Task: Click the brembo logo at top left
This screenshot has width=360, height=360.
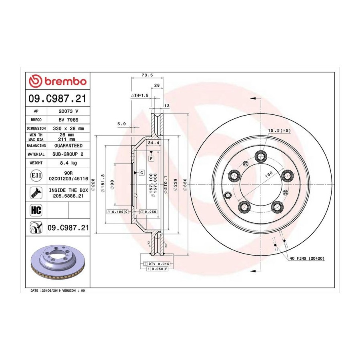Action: coord(58,81)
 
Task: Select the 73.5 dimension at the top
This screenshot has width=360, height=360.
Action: coord(147,75)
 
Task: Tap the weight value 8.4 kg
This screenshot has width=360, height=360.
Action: coord(68,163)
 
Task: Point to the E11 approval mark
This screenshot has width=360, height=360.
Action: coord(36,176)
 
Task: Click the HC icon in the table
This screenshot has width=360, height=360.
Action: coord(36,210)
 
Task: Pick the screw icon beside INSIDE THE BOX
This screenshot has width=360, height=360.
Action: coord(36,193)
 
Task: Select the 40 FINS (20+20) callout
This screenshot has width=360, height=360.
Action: coord(307,258)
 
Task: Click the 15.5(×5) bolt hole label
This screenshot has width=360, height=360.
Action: coord(279,130)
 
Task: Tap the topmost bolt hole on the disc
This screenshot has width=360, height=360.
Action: coord(261,157)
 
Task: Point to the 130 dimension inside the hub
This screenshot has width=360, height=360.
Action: coord(269,174)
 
